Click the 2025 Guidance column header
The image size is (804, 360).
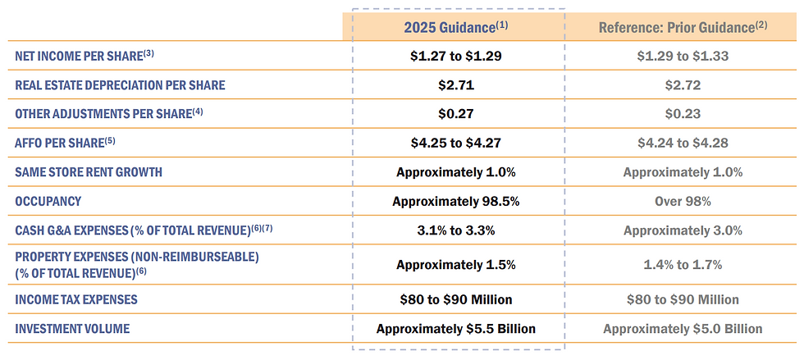pyautogui.click(x=456, y=27)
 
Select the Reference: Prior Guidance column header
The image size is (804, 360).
pyautogui.click(x=683, y=27)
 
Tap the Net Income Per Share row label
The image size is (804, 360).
pyautogui.click(x=85, y=56)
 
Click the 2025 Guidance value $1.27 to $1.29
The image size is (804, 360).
pyautogui.click(x=456, y=56)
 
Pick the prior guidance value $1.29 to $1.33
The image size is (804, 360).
pyautogui.click(x=683, y=56)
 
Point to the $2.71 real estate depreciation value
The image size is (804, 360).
pyautogui.click(x=456, y=85)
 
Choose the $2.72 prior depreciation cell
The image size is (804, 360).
pyautogui.click(x=683, y=85)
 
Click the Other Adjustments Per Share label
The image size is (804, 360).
pyautogui.click(x=109, y=113)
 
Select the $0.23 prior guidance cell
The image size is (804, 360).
pyautogui.click(x=683, y=114)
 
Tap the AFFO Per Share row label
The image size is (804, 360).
pyautogui.click(x=65, y=143)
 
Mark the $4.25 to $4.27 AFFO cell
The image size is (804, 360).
pyautogui.click(x=456, y=143)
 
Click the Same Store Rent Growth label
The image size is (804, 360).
pyautogui.click(x=89, y=172)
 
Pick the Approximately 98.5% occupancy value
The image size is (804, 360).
pyautogui.click(x=456, y=202)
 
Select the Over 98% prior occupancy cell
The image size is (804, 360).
pyautogui.click(x=683, y=202)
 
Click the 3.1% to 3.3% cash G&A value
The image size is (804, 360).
pyautogui.click(x=456, y=230)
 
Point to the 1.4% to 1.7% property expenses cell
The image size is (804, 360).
pyautogui.click(x=683, y=265)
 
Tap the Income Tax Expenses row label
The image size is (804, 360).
pyautogui.click(x=76, y=299)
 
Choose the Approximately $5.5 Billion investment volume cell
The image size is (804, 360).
pyautogui.click(x=456, y=328)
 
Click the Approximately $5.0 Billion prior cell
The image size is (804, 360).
pyautogui.click(x=683, y=328)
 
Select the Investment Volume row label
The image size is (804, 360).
pyautogui.click(x=72, y=328)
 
